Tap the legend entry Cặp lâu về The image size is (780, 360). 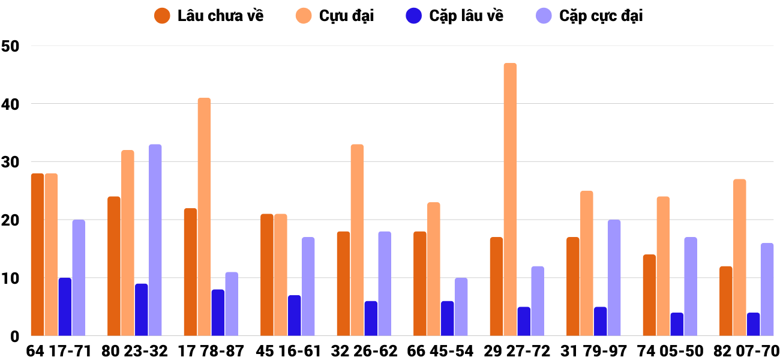click(456, 16)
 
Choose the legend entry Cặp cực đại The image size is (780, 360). click(591, 16)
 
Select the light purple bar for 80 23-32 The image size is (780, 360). click(155, 240)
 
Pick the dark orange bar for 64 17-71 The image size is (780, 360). click(37, 254)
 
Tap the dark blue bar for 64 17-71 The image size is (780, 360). click(65, 307)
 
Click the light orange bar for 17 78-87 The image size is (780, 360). click(204, 217)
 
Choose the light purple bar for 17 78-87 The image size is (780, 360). click(232, 304)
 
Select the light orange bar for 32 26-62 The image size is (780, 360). click(357, 240)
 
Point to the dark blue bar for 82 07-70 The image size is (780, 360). click(753, 324)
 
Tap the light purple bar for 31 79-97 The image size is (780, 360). click(614, 278)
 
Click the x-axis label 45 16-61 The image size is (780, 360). click(289, 351)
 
